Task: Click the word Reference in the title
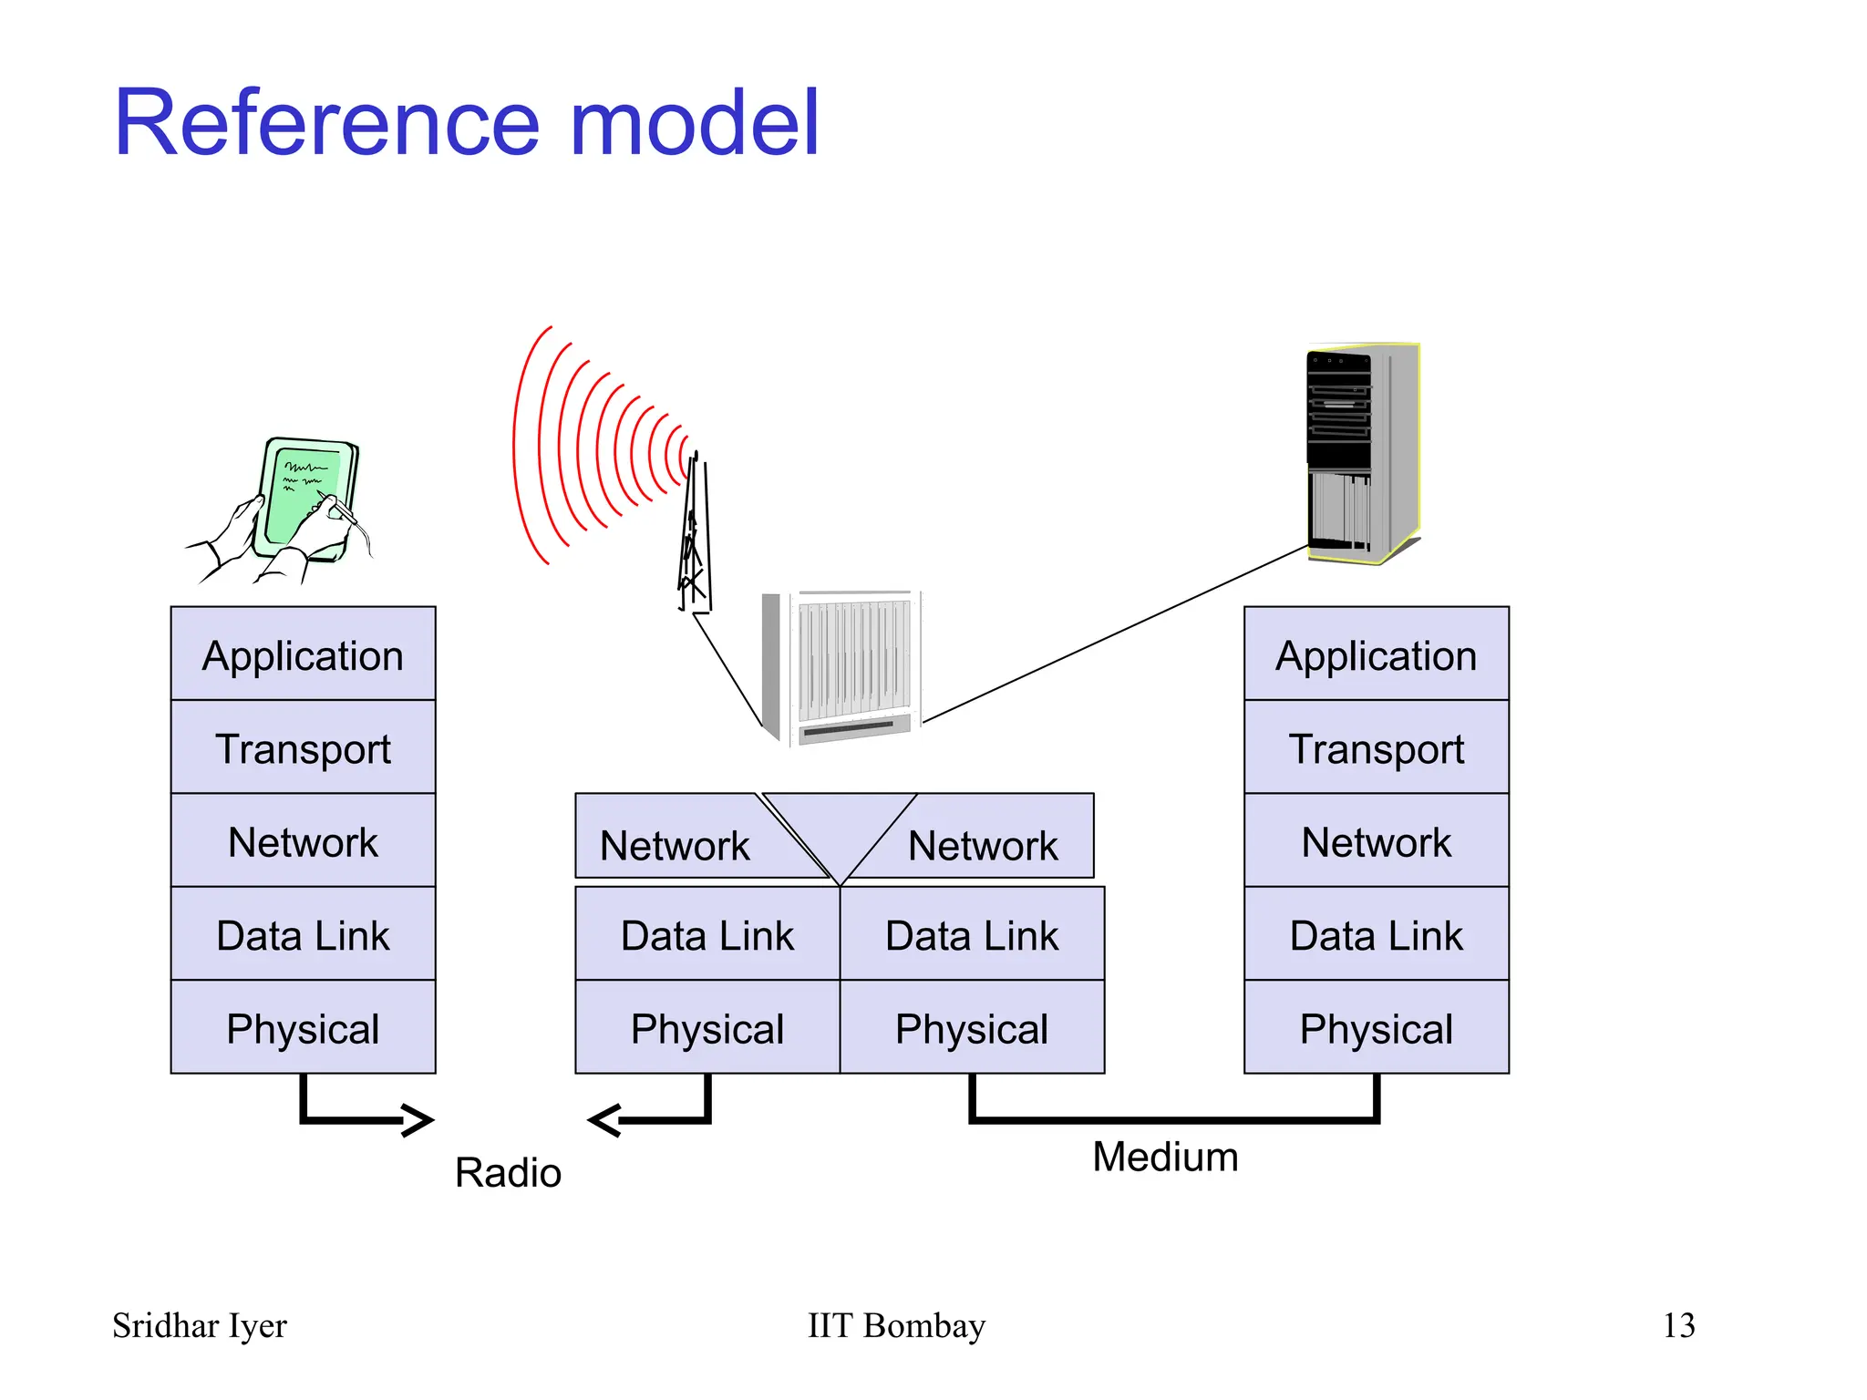pyautogui.click(x=326, y=123)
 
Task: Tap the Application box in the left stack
pyautogui.click(x=303, y=654)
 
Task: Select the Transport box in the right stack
pyautogui.click(x=1376, y=748)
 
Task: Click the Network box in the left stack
pyautogui.click(x=303, y=841)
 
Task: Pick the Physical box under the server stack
pyautogui.click(x=1376, y=1028)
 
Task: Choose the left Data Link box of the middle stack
pyautogui.click(x=707, y=935)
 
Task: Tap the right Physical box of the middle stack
pyautogui.click(x=972, y=1028)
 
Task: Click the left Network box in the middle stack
pyautogui.click(x=675, y=845)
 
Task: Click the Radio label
pyautogui.click(x=508, y=1172)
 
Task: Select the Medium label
pyautogui.click(x=1165, y=1157)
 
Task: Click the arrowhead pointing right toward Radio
pyautogui.click(x=418, y=1120)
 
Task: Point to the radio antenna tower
pyautogui.click(x=695, y=538)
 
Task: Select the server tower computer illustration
pyautogui.click(x=1363, y=453)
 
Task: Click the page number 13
pyautogui.click(x=1678, y=1325)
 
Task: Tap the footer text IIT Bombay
pyautogui.click(x=896, y=1325)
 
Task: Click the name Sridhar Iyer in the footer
pyautogui.click(x=200, y=1325)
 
